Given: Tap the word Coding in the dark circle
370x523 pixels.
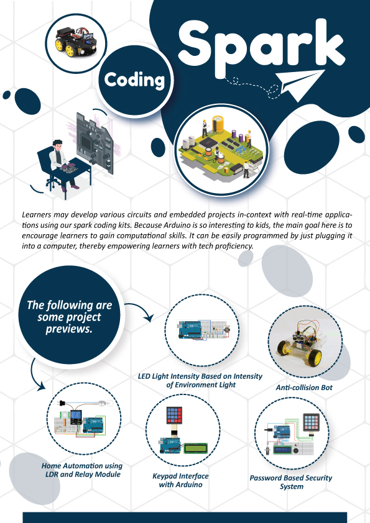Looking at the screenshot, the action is pos(134,80).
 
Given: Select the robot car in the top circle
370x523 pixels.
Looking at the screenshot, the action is pos(76,42).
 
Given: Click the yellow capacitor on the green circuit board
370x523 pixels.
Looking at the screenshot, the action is pos(218,124).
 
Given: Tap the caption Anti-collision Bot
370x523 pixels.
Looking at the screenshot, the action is pos(304,388).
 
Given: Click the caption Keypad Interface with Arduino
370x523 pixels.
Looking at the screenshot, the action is pos(180,480).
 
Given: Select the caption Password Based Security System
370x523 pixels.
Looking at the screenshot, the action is pos(291,482).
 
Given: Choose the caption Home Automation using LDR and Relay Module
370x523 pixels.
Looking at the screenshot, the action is pos(82,470).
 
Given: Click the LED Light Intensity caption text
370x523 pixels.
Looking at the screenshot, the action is pos(200,381).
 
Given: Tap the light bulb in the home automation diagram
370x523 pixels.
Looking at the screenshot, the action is pos(106,403).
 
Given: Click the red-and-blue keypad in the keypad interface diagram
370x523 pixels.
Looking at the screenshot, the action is pos(174,416).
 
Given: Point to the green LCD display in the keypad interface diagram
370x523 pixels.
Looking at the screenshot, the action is pos(195,448).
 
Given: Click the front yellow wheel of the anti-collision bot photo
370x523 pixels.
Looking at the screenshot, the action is pos(314,358).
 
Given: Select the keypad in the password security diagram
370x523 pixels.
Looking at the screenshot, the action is pos(311,422).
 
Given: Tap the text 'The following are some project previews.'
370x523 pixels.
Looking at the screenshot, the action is pos(70,317).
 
